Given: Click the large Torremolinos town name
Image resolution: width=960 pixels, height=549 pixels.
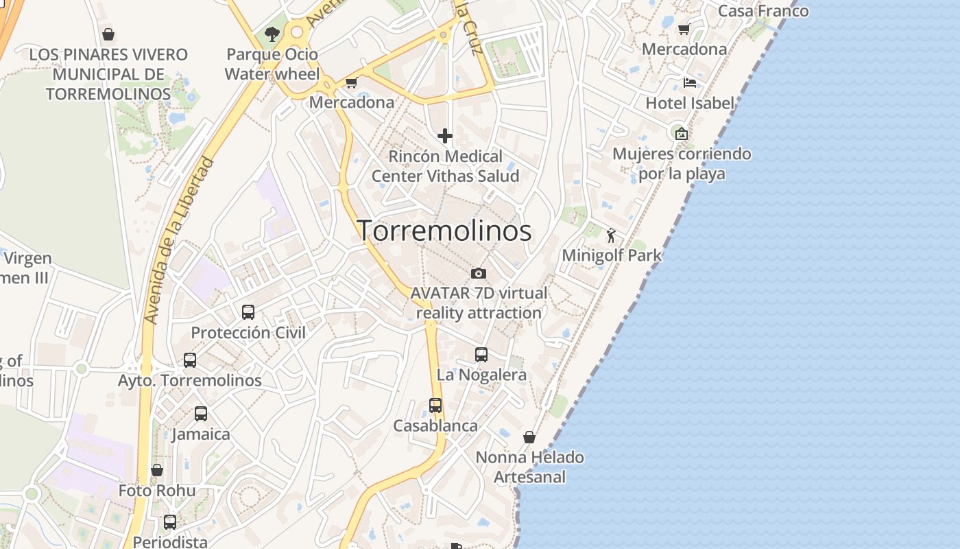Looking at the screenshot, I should click(x=444, y=231).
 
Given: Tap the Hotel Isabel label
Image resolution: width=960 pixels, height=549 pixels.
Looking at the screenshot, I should click(x=690, y=103).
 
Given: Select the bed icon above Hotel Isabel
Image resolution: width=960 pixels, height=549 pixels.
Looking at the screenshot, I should click(x=690, y=83).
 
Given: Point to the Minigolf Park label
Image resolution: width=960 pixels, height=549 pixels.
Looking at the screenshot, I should click(x=612, y=255).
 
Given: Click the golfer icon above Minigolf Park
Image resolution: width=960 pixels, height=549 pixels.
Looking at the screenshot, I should click(x=611, y=236).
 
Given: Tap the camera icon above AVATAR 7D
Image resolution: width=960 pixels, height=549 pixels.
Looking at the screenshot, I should click(x=479, y=273).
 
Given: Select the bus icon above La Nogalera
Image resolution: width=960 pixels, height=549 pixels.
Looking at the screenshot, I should click(x=481, y=355).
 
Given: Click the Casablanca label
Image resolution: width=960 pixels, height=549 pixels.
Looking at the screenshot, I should click(x=435, y=425).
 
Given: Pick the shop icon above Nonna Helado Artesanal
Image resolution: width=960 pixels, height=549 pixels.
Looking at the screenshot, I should click(x=529, y=437).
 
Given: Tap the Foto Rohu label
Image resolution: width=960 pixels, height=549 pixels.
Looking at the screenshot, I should click(x=157, y=491).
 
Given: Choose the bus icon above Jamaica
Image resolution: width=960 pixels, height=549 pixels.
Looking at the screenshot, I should click(x=201, y=414).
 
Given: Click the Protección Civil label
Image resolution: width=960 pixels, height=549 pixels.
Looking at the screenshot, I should click(x=248, y=332).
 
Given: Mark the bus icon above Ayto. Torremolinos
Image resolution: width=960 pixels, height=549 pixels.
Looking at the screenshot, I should click(x=190, y=360).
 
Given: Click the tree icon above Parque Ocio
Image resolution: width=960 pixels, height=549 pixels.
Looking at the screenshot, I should click(x=272, y=34).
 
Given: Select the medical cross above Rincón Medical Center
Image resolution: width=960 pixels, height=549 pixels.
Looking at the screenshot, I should click(x=445, y=136).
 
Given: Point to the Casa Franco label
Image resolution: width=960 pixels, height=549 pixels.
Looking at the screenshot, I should click(x=763, y=11).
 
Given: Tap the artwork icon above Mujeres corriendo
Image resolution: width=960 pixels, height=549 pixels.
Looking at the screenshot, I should click(x=681, y=134).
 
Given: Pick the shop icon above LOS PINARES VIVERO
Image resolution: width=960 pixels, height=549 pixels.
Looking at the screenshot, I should click(x=108, y=34).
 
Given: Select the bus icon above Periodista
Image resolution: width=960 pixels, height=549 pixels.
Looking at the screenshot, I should click(x=170, y=522).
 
